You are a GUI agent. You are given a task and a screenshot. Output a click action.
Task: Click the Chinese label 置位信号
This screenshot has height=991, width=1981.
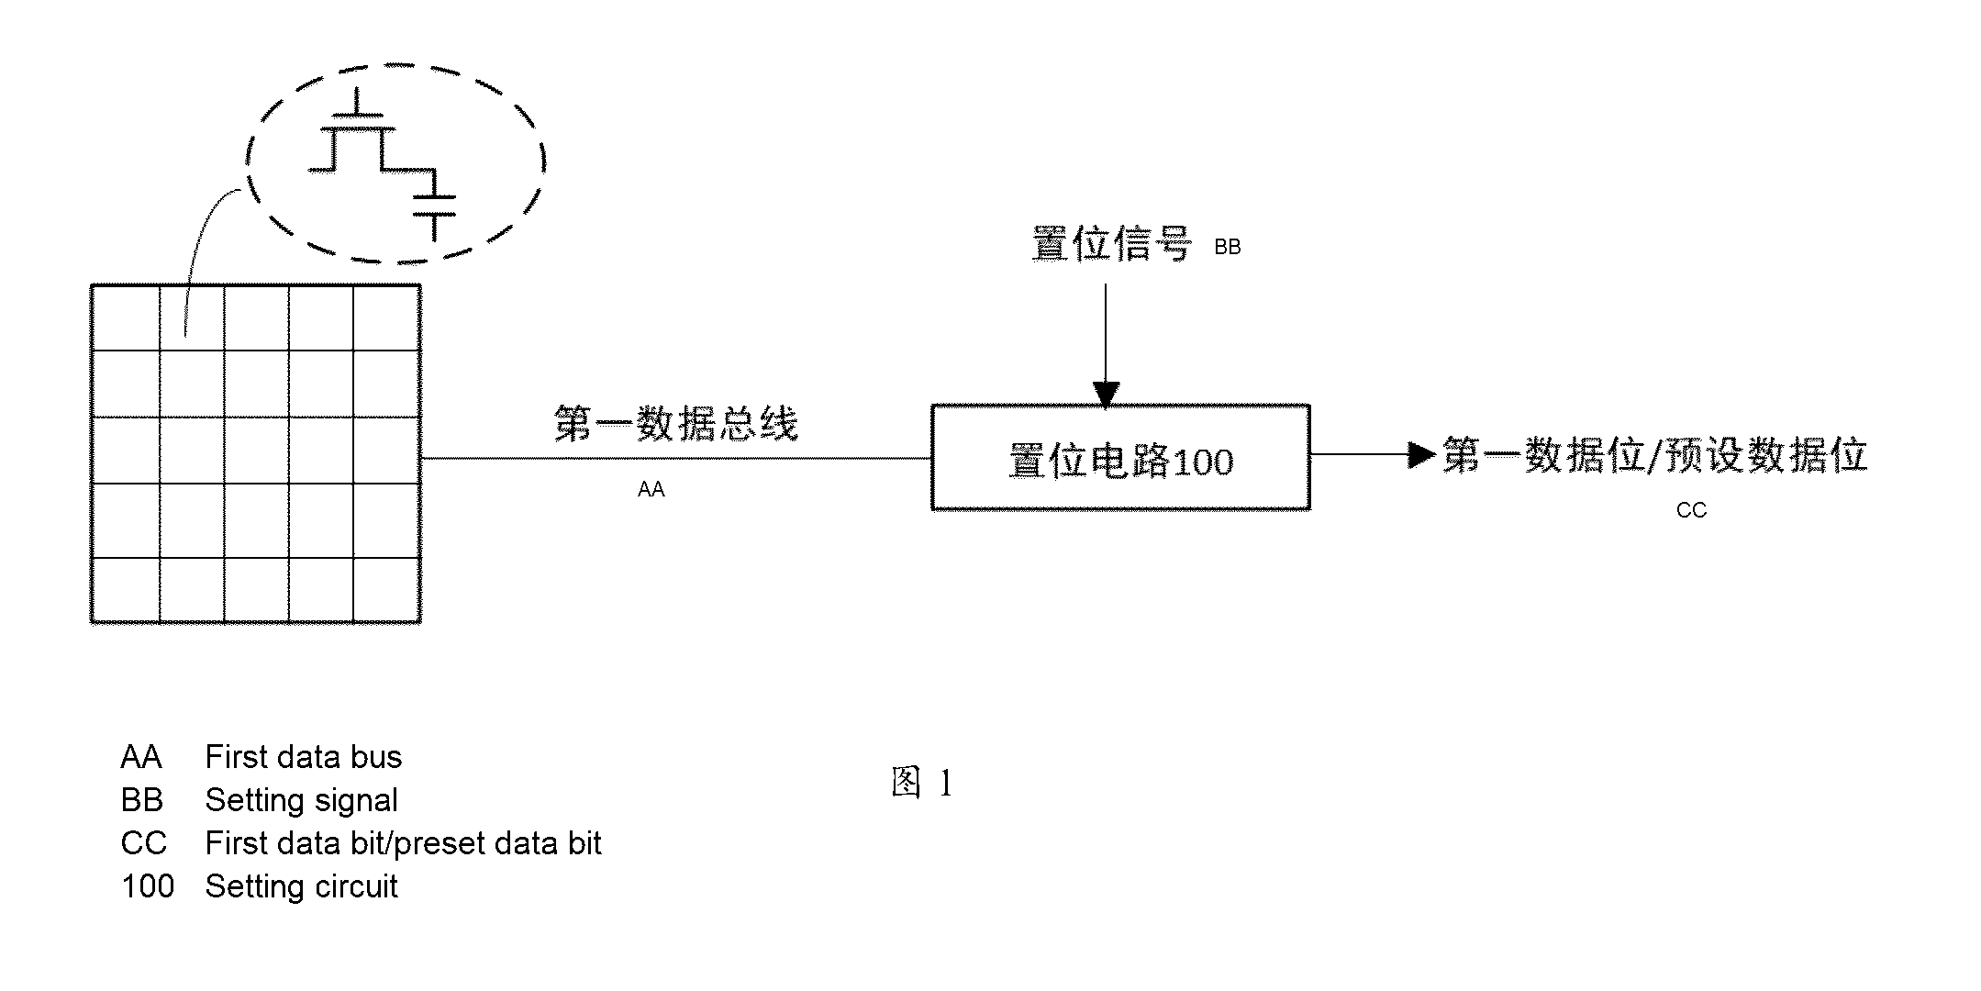pos(1111,245)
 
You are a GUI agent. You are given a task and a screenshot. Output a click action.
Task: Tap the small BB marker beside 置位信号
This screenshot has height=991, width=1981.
pos(1227,247)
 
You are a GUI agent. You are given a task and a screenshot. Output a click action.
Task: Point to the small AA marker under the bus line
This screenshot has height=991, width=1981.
pos(651,490)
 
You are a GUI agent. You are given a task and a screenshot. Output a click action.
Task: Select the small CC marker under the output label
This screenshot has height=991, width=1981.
pos(1691,510)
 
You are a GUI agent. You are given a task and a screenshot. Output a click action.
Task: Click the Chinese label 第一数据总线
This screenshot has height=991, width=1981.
pos(675,424)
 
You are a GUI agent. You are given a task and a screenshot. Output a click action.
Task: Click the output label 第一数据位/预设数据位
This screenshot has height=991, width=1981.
pos(1655,455)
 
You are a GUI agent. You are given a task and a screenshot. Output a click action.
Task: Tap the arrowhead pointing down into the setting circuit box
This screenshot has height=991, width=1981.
pos(1106,394)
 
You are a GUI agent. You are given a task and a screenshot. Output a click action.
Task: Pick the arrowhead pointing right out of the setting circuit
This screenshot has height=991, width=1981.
pos(1422,454)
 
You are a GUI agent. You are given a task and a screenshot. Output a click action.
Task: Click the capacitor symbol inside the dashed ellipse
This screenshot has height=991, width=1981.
pos(434,206)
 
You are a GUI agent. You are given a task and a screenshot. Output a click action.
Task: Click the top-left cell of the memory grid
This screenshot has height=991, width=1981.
pos(126,318)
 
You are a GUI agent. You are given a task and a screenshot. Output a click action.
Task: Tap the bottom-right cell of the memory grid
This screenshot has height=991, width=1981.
pos(386,589)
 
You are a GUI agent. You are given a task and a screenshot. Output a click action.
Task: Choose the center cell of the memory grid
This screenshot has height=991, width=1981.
pos(256,450)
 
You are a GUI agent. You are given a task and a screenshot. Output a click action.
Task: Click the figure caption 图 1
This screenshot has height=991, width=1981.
pos(922,783)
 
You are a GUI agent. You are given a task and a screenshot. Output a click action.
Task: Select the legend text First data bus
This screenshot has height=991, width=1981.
pos(304,757)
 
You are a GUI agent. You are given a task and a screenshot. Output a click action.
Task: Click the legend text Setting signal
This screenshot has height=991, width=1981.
pos(302,800)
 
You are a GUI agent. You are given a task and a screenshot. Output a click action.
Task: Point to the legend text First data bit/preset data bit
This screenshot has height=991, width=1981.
pos(404,843)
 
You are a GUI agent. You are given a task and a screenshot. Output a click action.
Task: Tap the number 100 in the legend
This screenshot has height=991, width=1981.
pos(148,886)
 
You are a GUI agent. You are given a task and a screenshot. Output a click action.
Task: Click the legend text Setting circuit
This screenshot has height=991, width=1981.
pos(302,886)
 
